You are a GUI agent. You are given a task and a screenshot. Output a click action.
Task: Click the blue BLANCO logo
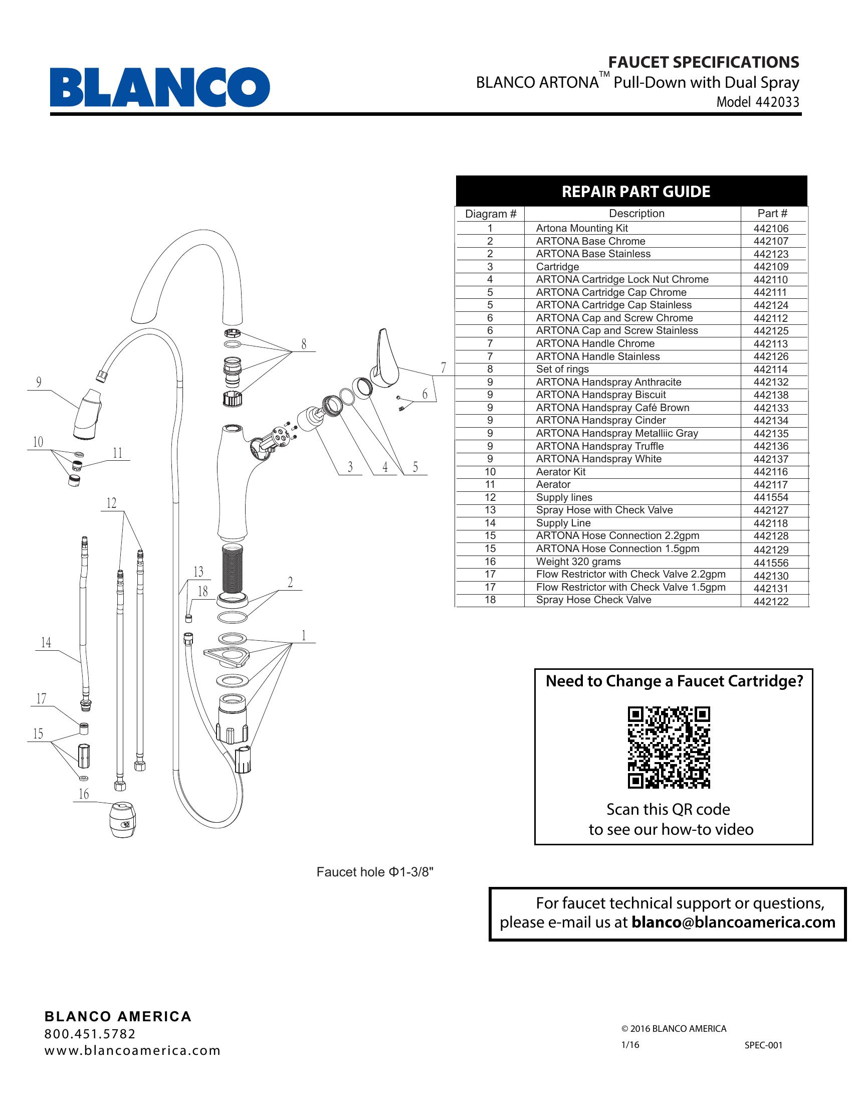pos(159,87)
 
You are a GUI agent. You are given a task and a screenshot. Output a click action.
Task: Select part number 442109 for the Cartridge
pos(771,267)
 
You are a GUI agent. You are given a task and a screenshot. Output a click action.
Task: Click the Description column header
pos(636,214)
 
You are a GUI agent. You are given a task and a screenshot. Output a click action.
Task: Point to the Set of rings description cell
pos(562,369)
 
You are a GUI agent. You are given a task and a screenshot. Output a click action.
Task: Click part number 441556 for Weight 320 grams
pos(771,563)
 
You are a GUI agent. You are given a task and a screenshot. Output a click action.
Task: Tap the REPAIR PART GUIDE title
pos(635,192)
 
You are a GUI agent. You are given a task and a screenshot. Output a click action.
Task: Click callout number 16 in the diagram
pos(83,795)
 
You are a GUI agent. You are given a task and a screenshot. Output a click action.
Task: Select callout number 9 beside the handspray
pos(39,383)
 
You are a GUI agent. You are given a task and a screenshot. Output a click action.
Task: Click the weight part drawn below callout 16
pos(123,821)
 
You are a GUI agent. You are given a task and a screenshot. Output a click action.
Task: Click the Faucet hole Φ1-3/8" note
pos(374,872)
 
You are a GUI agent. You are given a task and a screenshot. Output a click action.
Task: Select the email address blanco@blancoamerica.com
pos(733,922)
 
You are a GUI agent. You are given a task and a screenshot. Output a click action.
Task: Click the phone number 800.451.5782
pos(90,1034)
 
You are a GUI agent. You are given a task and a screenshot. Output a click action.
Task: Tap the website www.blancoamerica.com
pos(132,1050)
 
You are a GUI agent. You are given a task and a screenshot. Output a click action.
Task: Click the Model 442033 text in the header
pos(758,102)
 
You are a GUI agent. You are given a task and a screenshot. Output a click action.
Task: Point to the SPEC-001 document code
pos(763,1045)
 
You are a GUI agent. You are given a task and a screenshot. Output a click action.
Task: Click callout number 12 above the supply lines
pos(111,503)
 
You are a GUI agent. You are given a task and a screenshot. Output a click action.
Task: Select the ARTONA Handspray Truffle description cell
pos(599,446)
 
